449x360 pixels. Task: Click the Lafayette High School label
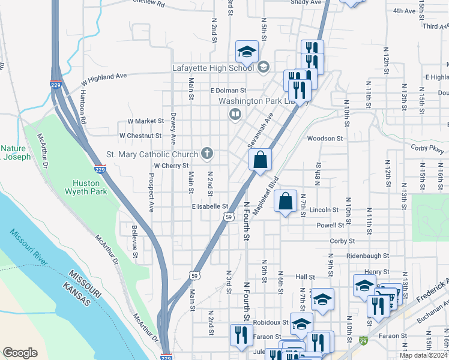tap(213, 68)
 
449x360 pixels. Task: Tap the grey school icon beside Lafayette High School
tap(263, 68)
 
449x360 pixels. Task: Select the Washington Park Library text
tap(263, 101)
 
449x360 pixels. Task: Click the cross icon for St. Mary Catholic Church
tap(207, 153)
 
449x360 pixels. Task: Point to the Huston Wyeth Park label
tap(89, 187)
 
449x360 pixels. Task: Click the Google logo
tap(20, 352)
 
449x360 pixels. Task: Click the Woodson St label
tap(324, 138)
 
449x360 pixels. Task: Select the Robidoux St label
tap(274, 322)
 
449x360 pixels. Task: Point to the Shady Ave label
tap(306, 2)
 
